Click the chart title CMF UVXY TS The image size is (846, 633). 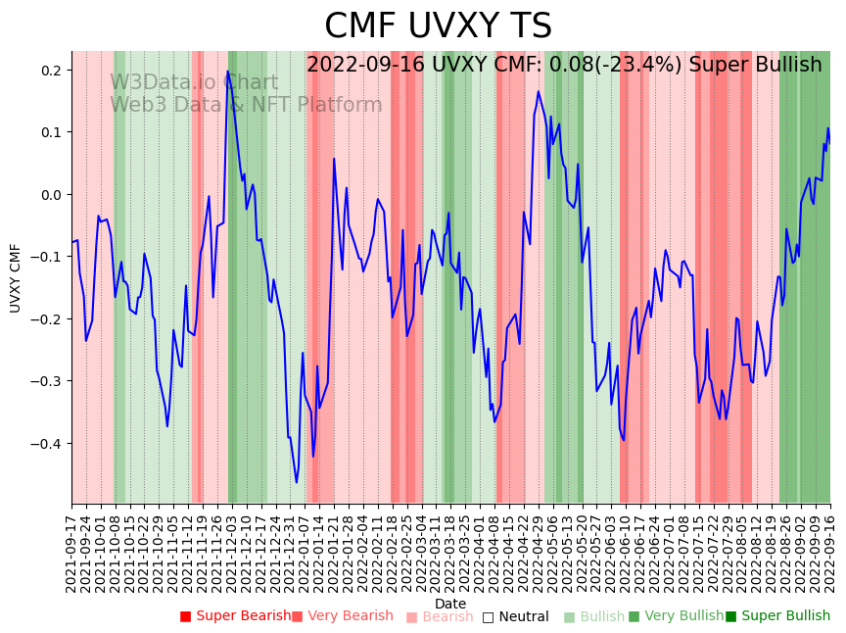(x=438, y=26)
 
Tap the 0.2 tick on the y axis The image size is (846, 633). (x=52, y=71)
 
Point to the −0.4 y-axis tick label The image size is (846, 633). (x=48, y=444)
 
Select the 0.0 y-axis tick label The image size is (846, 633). (x=52, y=195)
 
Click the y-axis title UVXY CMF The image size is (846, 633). (x=16, y=278)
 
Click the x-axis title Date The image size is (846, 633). (x=450, y=604)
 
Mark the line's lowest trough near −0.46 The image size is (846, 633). (x=297, y=482)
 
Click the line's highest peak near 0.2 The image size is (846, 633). (x=228, y=71)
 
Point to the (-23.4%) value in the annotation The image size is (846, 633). (x=641, y=65)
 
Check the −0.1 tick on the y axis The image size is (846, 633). (x=48, y=257)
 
